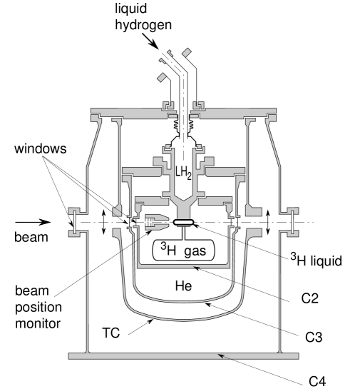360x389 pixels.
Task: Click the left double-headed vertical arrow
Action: coord(105,222)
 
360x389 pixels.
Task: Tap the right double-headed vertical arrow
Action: coord(267,222)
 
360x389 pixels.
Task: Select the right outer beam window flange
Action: coord(292,221)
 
